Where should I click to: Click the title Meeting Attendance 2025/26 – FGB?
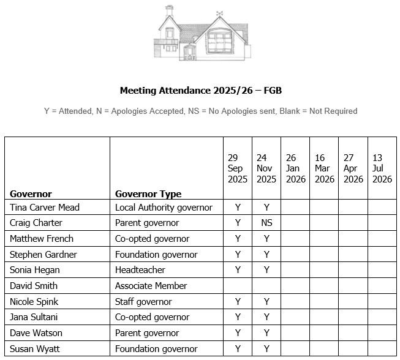point(200,91)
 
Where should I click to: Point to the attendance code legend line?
point(200,111)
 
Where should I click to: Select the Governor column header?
point(31,193)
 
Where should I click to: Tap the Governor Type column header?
point(148,193)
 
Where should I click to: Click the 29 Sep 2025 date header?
point(238,168)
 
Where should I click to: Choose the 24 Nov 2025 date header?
point(266,168)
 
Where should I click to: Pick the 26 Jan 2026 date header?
point(295,168)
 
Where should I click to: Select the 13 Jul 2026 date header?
point(382,168)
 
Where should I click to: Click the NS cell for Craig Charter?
point(266,223)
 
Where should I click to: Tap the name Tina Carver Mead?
point(45,208)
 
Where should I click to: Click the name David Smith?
point(34,286)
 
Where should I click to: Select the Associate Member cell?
point(151,286)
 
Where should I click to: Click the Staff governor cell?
point(143,302)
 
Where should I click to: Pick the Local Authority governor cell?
point(164,208)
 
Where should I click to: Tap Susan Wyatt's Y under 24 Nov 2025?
point(266,349)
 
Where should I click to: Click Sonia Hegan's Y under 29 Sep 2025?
point(238,270)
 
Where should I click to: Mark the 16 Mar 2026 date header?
point(325,168)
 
